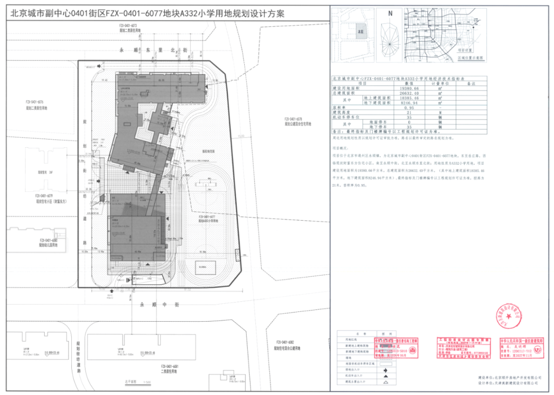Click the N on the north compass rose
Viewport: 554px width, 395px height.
coord(390,14)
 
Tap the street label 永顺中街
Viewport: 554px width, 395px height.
coord(159,305)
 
